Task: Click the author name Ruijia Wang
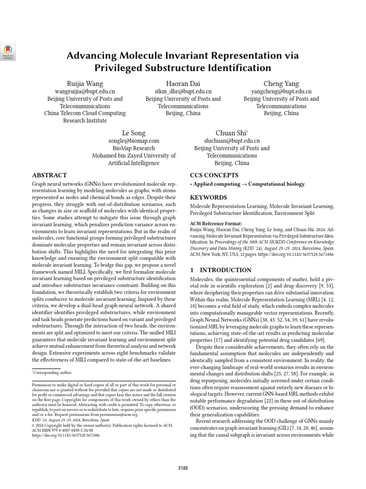coord(85,84)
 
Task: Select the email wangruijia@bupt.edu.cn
coord(85,91)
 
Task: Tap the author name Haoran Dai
coord(183,84)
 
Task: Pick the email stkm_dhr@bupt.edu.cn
coord(183,91)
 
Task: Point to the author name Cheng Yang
coord(281,84)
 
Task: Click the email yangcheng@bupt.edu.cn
coord(281,91)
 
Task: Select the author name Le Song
coord(134,133)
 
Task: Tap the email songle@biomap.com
coord(134,141)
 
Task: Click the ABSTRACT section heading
coord(50,175)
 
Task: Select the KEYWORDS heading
coord(209,197)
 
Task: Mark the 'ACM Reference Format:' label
coord(216,223)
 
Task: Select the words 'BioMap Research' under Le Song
coord(134,148)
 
